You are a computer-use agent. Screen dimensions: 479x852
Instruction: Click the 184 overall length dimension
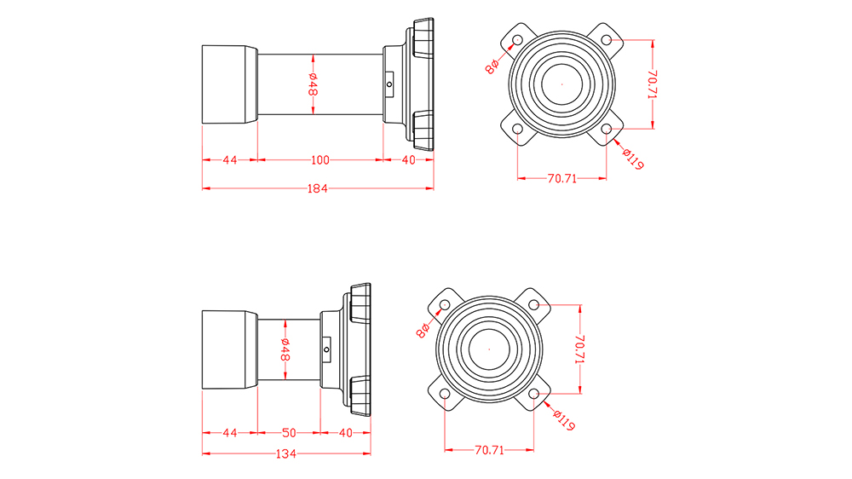coord(316,188)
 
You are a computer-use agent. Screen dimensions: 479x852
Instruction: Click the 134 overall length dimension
coord(286,454)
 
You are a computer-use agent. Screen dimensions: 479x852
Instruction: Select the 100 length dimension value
coord(319,159)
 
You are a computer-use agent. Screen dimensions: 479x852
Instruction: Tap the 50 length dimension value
coord(289,433)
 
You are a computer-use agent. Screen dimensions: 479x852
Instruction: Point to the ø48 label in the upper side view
coord(314,85)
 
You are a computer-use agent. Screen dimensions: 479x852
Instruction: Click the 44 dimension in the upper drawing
coord(229,159)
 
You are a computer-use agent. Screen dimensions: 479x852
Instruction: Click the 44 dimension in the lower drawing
coord(229,433)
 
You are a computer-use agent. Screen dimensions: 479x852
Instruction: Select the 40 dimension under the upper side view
coord(408,159)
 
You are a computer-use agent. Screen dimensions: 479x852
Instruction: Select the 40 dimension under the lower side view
coord(345,433)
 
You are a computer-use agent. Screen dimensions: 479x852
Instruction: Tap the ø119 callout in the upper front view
coord(631,159)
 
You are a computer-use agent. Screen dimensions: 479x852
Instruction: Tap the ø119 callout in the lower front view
coord(562,420)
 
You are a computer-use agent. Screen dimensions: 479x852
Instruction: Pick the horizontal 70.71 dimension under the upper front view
coord(561,178)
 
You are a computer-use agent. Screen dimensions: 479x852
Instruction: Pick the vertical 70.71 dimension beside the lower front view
coord(579,350)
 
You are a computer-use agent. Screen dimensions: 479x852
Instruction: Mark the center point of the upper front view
coord(562,84)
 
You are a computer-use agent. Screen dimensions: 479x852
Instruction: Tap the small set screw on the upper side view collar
coord(389,84)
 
